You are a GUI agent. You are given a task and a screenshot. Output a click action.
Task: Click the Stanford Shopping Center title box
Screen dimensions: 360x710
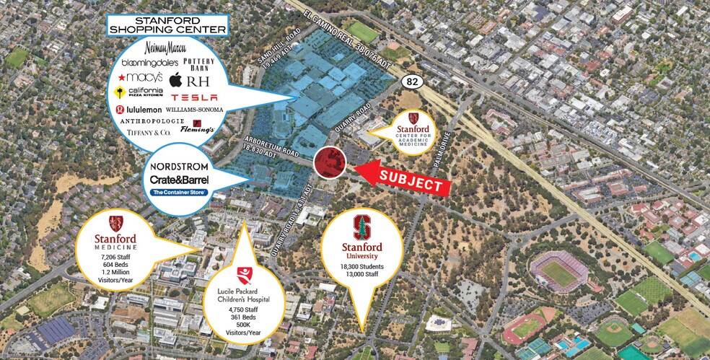coord(167,25)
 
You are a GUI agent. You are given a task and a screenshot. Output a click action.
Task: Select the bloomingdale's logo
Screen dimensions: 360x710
coord(149,63)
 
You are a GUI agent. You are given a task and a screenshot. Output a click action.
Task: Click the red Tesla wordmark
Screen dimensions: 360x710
coord(194,97)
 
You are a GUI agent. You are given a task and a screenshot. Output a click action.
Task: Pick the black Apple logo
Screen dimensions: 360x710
coord(175,80)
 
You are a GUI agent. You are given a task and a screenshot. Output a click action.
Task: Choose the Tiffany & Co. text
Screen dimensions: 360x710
coord(145,133)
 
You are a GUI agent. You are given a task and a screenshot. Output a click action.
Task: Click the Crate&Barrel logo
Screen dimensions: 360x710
coord(179,179)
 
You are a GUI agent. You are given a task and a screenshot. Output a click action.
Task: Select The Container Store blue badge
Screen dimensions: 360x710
coord(179,193)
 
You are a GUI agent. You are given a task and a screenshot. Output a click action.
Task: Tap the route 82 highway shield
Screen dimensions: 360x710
coord(411,83)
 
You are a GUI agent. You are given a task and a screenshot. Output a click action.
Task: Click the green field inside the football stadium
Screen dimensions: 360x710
coord(559,271)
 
